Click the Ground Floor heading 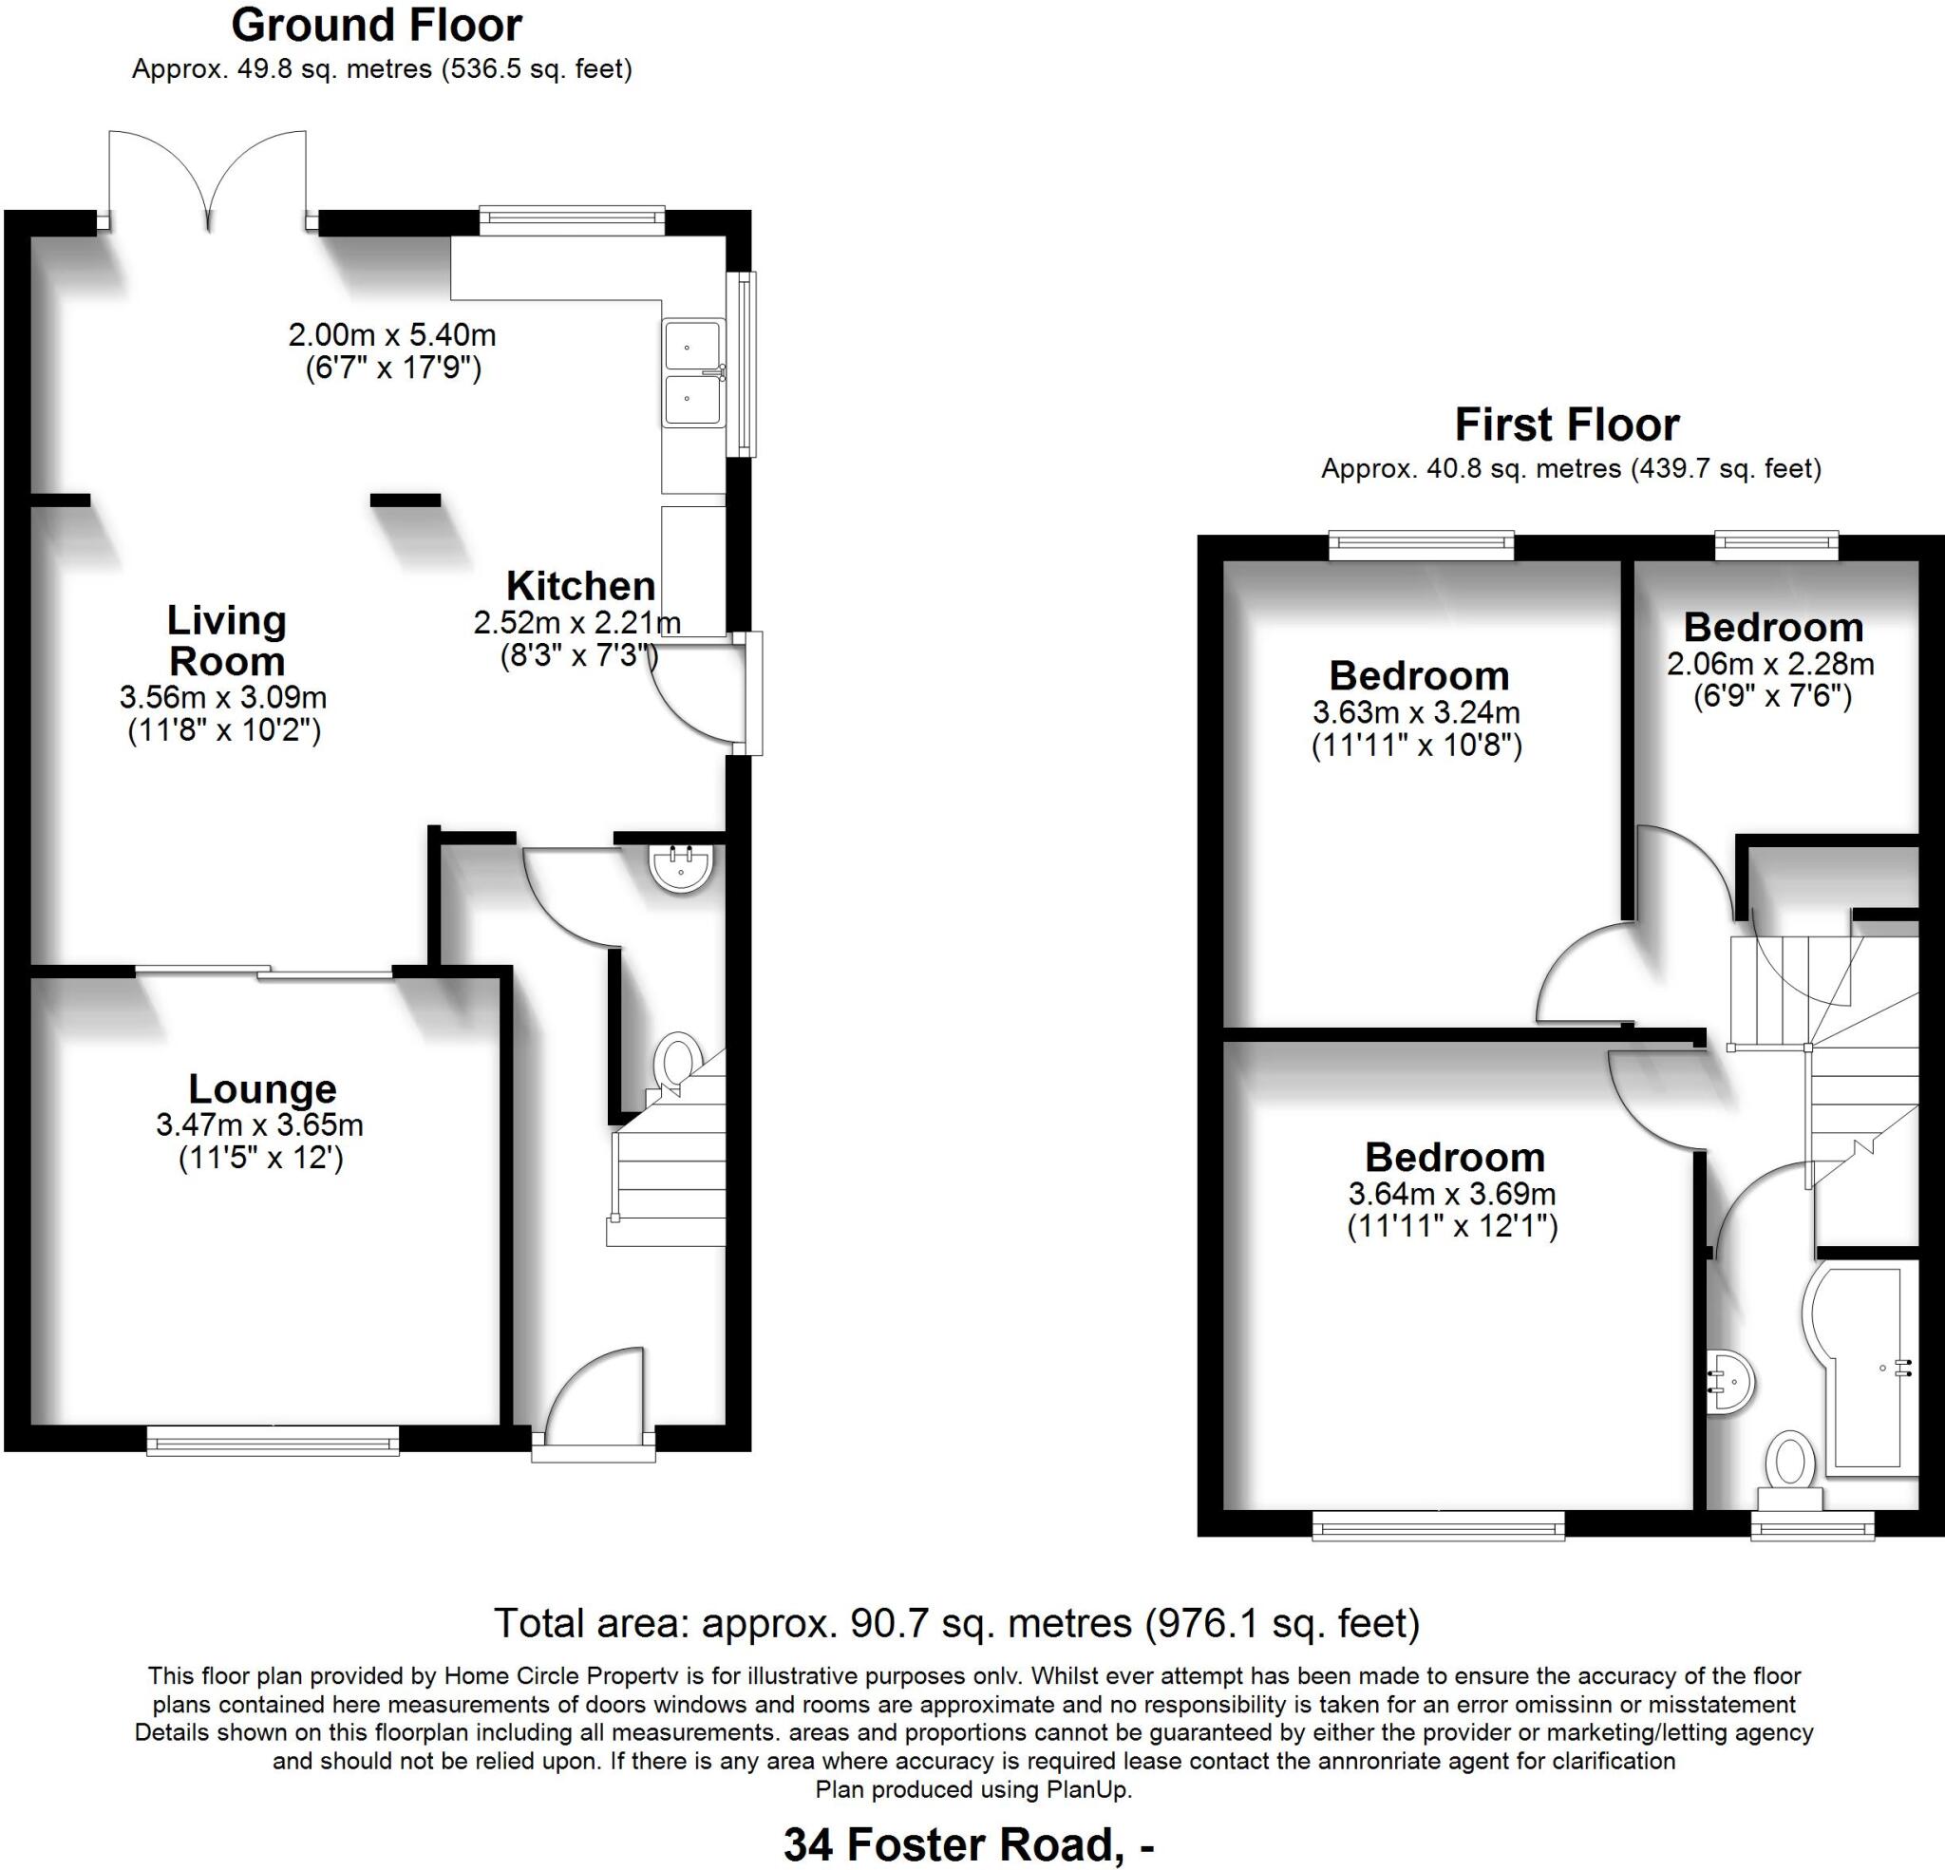[x=376, y=26]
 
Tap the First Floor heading [x=1567, y=425]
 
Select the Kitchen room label [x=580, y=586]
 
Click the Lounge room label [x=262, y=1088]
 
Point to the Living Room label [x=226, y=640]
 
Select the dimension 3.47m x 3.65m [x=259, y=1124]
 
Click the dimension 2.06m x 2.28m [x=1770, y=663]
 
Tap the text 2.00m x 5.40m [x=392, y=334]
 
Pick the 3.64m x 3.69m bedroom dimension [x=1452, y=1193]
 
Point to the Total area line [x=956, y=1623]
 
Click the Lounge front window [x=272, y=1440]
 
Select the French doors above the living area [x=207, y=179]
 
